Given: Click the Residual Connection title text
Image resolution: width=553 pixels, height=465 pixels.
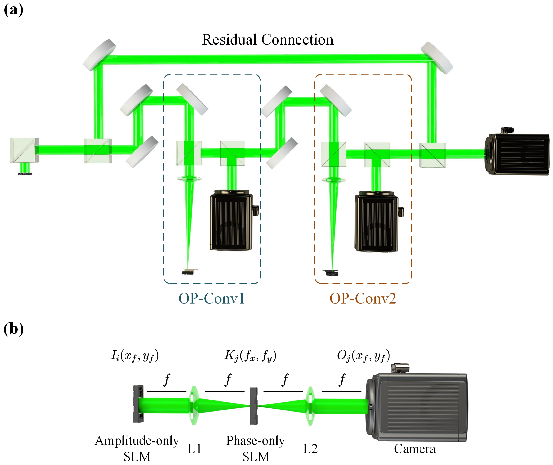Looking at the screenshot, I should click(x=268, y=40).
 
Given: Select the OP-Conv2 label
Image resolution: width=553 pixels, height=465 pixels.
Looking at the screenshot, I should click(x=363, y=299).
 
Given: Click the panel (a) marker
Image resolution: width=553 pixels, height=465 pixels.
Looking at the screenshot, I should click(x=13, y=10).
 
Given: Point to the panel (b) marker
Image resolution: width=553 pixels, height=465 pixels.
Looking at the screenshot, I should click(x=13, y=329).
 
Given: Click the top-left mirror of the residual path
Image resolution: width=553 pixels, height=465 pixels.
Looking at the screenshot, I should click(x=99, y=55).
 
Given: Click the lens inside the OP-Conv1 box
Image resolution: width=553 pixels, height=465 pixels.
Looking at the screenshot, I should click(x=189, y=179).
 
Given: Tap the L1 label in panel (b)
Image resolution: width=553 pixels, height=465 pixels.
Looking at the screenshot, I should click(x=194, y=449).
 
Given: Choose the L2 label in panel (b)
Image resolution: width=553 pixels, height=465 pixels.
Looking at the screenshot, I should click(x=310, y=449).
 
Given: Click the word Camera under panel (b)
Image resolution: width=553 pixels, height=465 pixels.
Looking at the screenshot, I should click(x=415, y=449).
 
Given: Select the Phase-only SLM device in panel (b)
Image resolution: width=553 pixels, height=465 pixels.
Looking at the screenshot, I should click(x=254, y=406).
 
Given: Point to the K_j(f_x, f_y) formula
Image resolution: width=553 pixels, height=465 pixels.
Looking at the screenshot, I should click(x=250, y=356).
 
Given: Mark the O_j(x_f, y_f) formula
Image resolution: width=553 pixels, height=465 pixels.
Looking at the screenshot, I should click(x=363, y=356).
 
